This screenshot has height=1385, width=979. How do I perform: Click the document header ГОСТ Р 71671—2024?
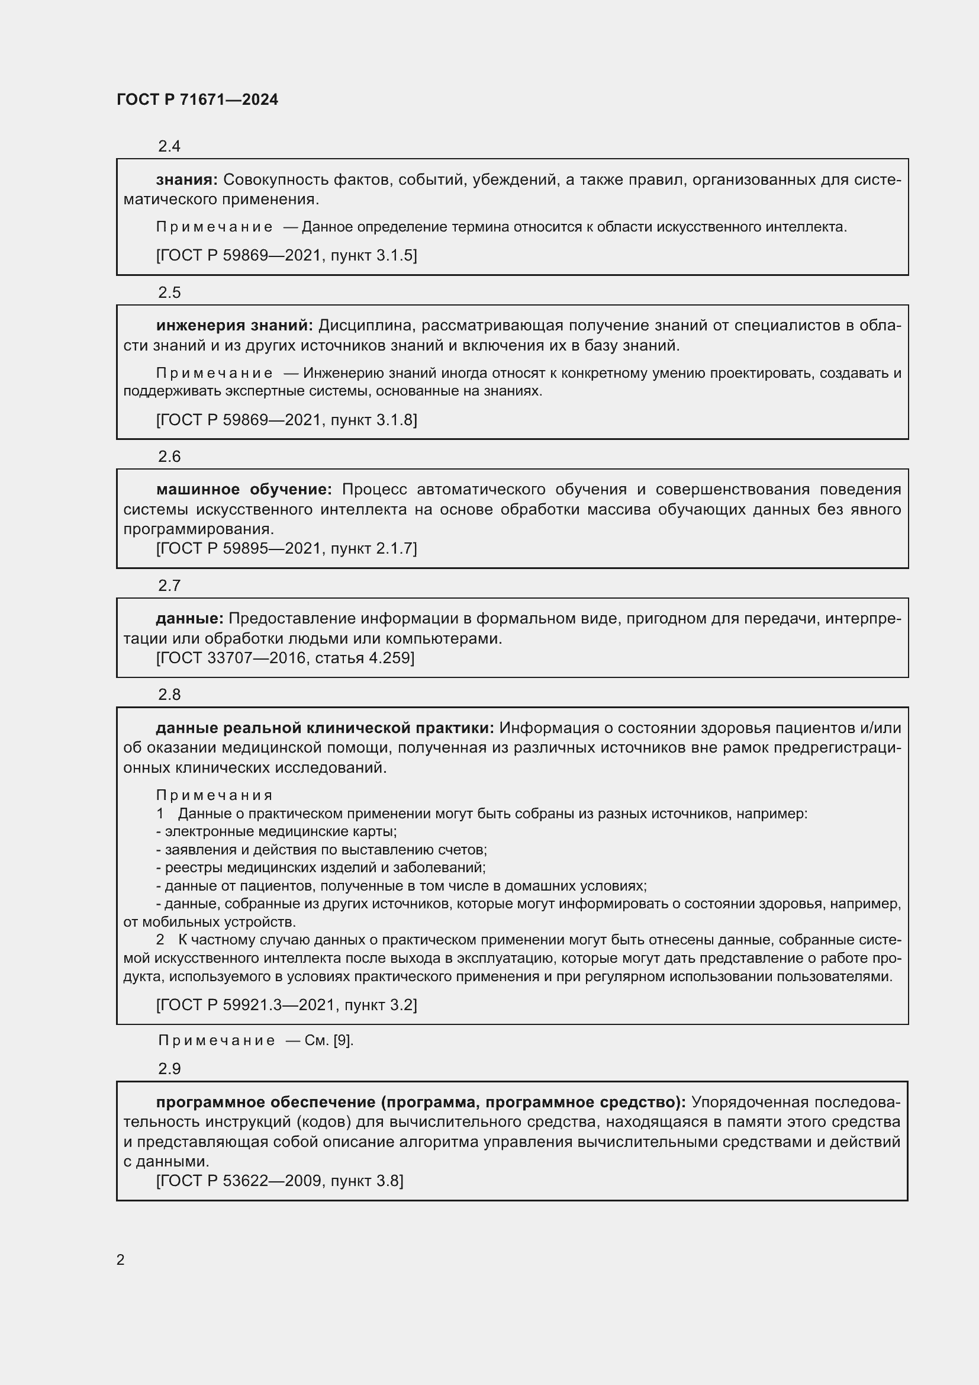click(x=197, y=99)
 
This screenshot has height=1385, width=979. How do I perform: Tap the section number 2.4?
click(x=169, y=146)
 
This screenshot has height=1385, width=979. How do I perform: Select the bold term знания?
click(x=187, y=179)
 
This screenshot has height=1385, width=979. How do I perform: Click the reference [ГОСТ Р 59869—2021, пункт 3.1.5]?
click(x=286, y=255)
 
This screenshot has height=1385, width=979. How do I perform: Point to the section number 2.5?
click(x=169, y=292)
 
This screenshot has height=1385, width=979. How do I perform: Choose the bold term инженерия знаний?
click(x=234, y=325)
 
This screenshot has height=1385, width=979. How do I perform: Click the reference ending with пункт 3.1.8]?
click(x=286, y=419)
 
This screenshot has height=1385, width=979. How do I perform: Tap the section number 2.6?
click(x=169, y=456)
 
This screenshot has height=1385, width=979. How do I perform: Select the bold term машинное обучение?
click(x=243, y=489)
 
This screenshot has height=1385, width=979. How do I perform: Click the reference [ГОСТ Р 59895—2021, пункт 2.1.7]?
click(x=286, y=548)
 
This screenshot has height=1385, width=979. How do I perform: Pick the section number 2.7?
click(x=169, y=585)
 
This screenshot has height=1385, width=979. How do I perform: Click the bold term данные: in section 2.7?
click(x=190, y=618)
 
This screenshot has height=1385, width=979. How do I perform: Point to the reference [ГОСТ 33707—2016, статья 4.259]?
click(x=285, y=657)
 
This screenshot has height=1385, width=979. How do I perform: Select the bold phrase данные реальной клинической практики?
click(x=325, y=728)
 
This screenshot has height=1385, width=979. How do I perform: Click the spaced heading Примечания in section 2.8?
click(x=215, y=795)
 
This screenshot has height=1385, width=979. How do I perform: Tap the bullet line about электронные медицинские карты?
click(x=276, y=831)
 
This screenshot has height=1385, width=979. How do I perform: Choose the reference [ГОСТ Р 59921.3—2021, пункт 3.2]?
click(x=286, y=1004)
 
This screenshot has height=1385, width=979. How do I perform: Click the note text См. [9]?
click(x=329, y=1040)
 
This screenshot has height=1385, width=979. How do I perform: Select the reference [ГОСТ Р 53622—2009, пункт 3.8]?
click(x=280, y=1181)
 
